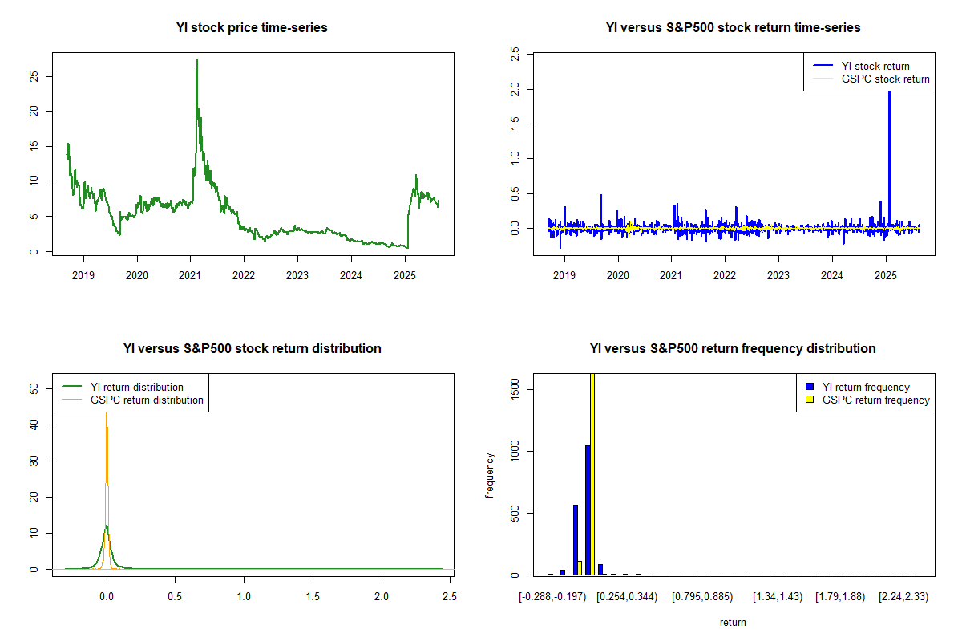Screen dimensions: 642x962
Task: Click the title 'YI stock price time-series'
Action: pos(252,28)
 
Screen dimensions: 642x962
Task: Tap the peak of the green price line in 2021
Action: pos(197,61)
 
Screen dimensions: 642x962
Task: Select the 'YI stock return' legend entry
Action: pos(875,66)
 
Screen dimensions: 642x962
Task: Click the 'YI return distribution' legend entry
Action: pos(136,387)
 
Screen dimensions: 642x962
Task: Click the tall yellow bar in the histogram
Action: pos(592,473)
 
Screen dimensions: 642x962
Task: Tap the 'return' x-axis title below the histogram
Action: pos(733,622)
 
